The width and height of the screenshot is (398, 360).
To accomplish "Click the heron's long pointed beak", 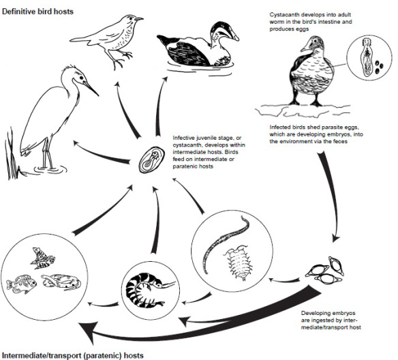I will point(89,88).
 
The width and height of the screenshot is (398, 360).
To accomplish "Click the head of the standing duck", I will point(311,46).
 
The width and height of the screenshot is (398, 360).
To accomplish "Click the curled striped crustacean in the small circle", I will point(144,289).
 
